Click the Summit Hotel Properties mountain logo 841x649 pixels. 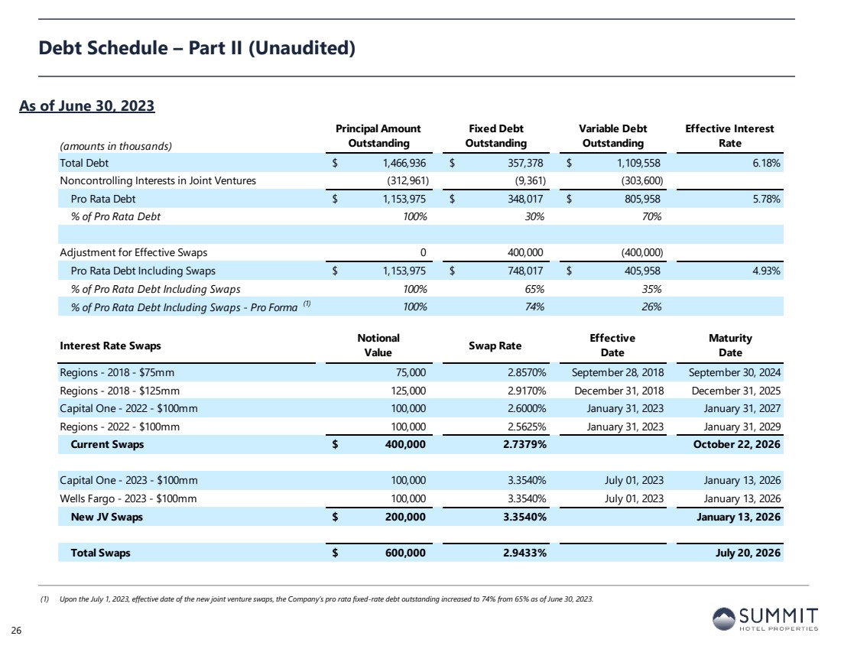click(x=723, y=619)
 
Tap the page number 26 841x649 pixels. click(x=17, y=630)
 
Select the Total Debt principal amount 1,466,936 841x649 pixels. click(x=404, y=163)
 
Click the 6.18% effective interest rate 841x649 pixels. click(x=766, y=163)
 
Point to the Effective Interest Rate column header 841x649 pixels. click(x=729, y=136)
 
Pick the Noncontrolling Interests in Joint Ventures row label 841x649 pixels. click(x=157, y=180)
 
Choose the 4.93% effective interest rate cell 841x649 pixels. click(x=766, y=271)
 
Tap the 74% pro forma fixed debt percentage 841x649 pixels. click(x=534, y=307)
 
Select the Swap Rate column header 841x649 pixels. click(x=495, y=346)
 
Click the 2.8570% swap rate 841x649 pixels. click(x=527, y=372)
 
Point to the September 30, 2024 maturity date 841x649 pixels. click(x=734, y=372)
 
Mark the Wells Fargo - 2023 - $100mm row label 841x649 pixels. click(x=128, y=499)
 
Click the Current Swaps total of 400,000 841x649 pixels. click(x=405, y=444)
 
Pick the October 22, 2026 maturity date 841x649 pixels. click(x=736, y=444)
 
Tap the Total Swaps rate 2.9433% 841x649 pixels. click(x=524, y=553)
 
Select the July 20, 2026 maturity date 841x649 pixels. click(x=748, y=553)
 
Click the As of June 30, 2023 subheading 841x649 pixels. click(x=87, y=105)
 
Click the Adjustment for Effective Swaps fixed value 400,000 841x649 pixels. click(x=525, y=252)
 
